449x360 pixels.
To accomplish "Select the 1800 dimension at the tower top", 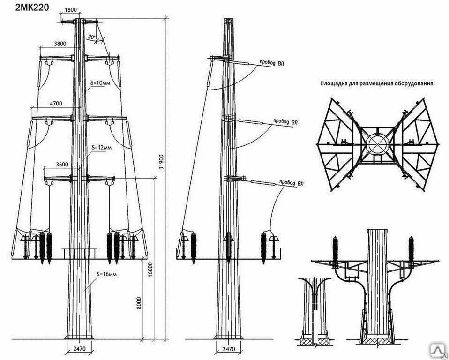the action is [71, 9].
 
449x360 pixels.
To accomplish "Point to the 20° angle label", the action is [92, 36].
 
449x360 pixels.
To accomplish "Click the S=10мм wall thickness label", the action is [100, 83].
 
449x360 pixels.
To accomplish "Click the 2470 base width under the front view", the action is [77, 349].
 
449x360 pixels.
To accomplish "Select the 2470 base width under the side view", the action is [228, 349].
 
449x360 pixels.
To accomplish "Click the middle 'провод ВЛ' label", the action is [285, 122].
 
